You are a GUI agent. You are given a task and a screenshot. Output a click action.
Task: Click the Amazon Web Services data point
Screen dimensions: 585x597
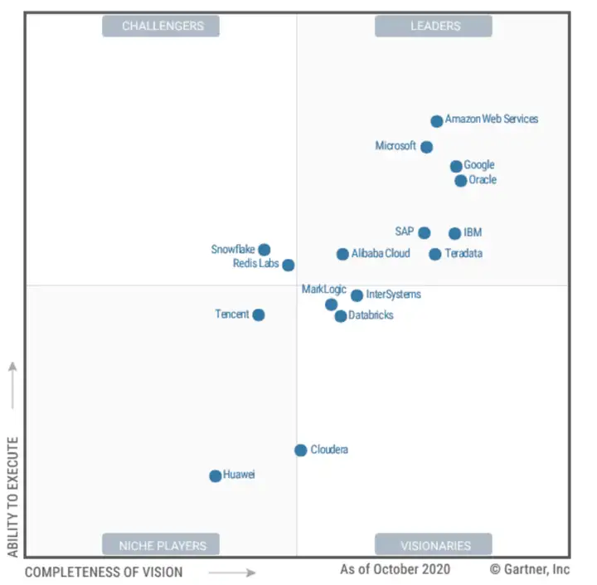437,121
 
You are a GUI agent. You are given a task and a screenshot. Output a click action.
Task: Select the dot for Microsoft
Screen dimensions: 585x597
426,147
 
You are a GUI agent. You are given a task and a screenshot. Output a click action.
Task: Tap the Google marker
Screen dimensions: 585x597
456,166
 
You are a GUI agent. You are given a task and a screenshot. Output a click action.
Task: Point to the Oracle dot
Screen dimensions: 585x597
461,180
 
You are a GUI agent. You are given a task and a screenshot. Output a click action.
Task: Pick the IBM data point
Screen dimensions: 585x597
454,233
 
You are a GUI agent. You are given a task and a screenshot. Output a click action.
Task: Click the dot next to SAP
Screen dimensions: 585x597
425,232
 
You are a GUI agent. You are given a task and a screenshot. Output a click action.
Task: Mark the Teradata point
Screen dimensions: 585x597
435,254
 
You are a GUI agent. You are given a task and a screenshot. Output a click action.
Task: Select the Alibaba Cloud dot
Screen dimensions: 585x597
342,254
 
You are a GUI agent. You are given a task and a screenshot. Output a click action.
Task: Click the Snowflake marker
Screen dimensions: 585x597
264,250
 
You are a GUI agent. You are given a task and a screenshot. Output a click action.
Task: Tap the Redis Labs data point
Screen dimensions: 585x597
288,265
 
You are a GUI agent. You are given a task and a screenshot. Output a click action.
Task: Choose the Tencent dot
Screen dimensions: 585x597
259,314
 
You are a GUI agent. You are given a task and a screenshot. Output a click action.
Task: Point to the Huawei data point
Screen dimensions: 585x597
216,475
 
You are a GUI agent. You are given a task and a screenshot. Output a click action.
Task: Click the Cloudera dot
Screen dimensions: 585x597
300,450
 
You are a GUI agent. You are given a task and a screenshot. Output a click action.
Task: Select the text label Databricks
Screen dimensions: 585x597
371,315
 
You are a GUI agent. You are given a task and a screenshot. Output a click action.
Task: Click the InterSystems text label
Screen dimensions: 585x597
393,294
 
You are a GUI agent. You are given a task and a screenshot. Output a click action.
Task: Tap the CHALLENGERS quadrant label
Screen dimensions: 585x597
162,26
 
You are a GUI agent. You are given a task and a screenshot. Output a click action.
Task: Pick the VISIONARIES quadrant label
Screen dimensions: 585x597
435,545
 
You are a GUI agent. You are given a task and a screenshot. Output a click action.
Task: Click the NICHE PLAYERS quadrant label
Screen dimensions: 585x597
162,545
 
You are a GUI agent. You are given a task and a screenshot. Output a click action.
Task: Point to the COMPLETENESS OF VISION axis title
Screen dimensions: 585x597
104,572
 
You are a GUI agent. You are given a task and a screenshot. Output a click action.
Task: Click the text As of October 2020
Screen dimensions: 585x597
395,569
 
